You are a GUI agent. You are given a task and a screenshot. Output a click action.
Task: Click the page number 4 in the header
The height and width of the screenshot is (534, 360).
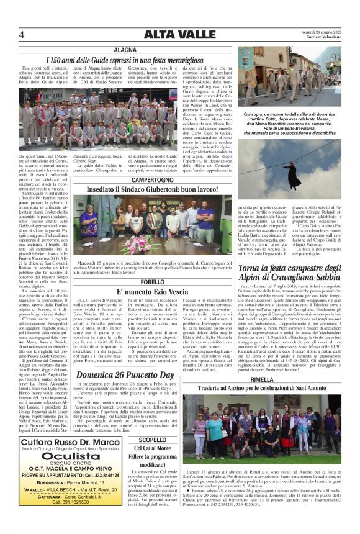(x=22, y=34)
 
